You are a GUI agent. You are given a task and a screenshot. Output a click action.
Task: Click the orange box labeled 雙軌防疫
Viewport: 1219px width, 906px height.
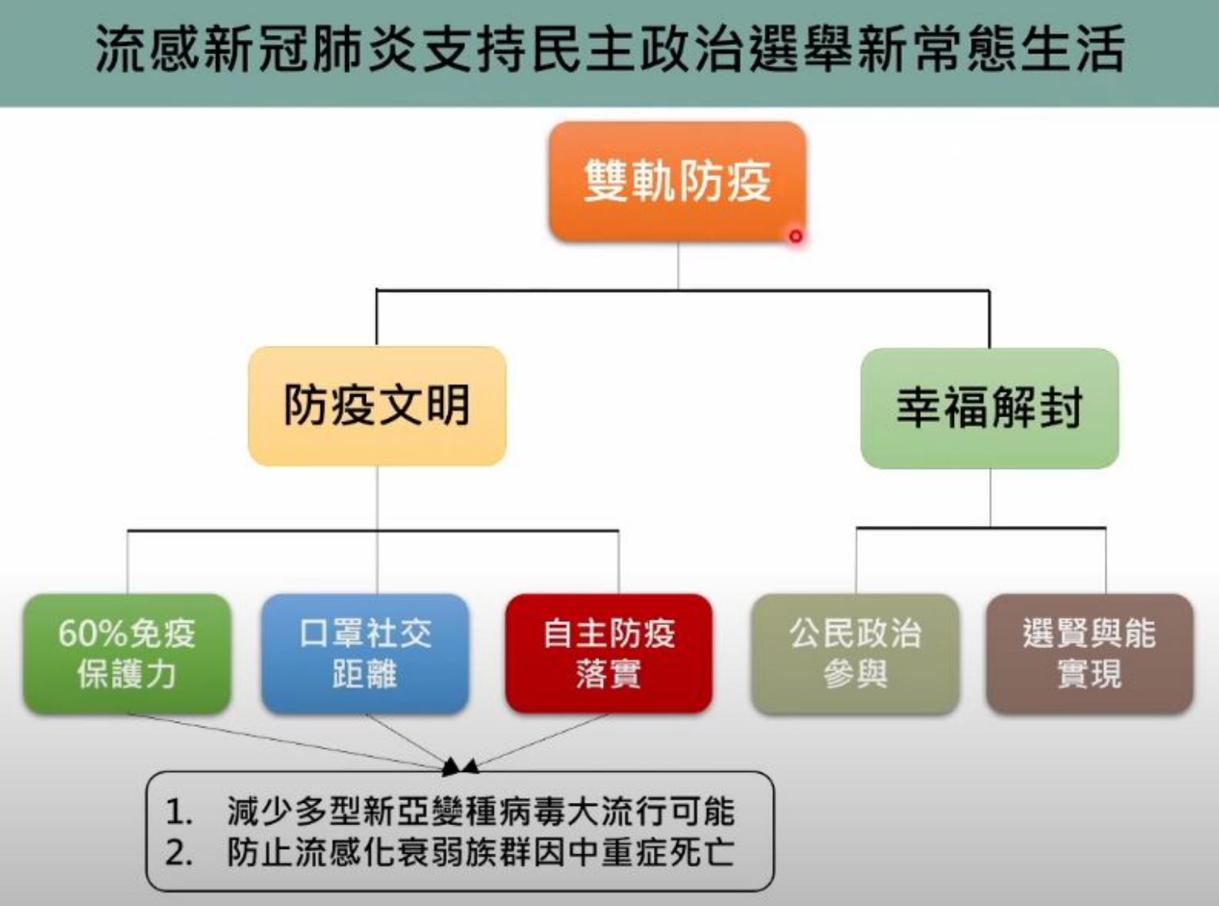(677, 181)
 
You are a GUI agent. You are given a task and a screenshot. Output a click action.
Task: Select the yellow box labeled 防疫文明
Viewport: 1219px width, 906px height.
(377, 405)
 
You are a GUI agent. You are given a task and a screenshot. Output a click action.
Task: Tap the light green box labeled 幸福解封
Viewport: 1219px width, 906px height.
(989, 408)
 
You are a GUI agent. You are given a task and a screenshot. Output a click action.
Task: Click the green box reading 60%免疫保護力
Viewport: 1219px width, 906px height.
(127, 653)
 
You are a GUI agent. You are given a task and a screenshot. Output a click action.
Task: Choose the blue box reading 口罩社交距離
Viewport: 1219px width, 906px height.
(365, 653)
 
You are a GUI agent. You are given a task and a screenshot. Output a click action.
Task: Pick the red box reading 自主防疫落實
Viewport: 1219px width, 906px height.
(609, 653)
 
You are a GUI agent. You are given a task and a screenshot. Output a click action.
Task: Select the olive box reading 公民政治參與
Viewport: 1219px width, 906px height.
(855, 653)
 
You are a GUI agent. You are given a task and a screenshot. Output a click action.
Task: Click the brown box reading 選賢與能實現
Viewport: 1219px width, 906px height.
(1089, 653)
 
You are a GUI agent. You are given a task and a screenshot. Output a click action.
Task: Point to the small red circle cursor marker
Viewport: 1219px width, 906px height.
(795, 236)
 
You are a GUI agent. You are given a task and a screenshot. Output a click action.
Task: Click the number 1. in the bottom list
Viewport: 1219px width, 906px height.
(179, 811)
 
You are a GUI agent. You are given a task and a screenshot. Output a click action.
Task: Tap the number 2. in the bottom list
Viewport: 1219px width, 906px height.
(179, 852)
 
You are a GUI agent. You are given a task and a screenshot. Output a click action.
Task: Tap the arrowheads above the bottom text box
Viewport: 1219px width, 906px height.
(460, 766)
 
